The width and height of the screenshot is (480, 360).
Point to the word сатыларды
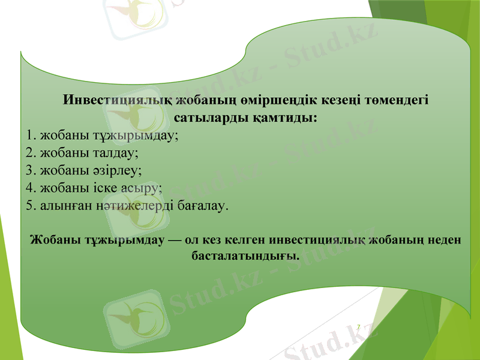coord(208,117)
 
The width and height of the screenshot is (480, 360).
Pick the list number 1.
coord(31,135)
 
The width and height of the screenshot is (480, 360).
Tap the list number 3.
coord(31,170)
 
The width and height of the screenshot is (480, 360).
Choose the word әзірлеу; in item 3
coord(119,170)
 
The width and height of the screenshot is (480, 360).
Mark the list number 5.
coord(31,205)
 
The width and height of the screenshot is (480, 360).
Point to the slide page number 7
coord(358,327)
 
